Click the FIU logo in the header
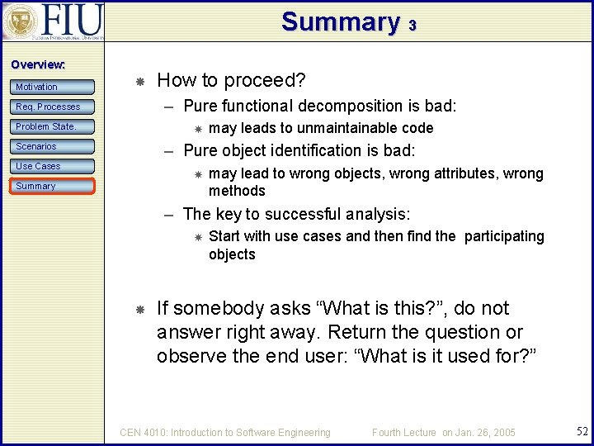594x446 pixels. tap(53, 21)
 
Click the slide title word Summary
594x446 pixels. tap(340, 21)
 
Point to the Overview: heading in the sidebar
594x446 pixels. tap(38, 64)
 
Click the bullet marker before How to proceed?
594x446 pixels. tap(140, 81)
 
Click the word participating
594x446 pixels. tap(503, 236)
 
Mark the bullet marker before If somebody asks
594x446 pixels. tap(140, 309)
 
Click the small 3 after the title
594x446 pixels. tap(412, 26)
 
